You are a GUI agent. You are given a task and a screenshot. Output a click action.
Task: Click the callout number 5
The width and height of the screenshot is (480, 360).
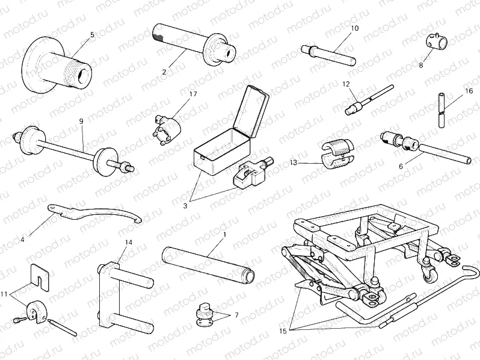point(92,35)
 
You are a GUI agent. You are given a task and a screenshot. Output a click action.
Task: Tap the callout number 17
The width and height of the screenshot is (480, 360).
point(192,94)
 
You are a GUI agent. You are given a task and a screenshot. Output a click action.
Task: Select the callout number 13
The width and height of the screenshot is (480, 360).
point(293,163)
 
